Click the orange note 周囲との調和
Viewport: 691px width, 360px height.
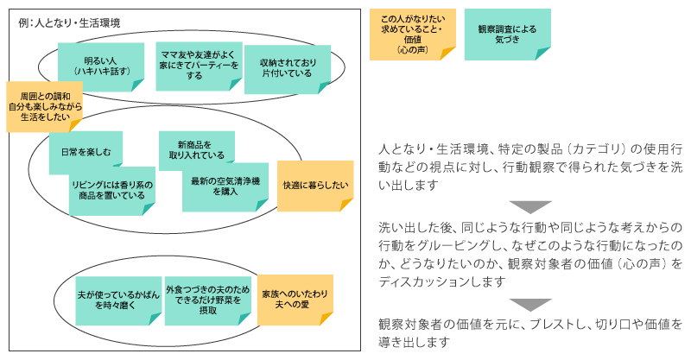tap(44, 105)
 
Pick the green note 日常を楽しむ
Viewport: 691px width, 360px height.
tap(86, 151)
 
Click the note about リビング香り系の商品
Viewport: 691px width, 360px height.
tap(112, 190)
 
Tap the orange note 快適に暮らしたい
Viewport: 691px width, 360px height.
tap(315, 185)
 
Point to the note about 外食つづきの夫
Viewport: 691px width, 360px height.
tap(208, 299)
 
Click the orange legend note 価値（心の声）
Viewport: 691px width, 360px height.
tap(411, 35)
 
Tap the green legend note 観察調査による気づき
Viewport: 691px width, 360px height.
tap(507, 34)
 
